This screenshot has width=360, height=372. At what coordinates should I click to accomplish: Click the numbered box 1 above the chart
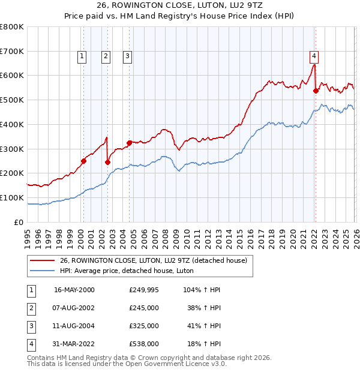pos(82,56)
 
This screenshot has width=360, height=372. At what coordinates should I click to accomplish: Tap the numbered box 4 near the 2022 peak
pos(314,56)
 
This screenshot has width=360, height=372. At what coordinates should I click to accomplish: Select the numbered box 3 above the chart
pos(128,56)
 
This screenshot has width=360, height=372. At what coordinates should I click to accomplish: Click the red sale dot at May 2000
pos(83,161)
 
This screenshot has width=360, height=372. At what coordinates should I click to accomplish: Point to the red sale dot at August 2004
pos(130,143)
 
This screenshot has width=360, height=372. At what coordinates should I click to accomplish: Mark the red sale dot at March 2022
pos(316,91)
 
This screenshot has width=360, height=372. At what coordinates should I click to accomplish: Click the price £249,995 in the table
pos(143,290)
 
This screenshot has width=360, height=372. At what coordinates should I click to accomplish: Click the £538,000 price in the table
pos(143,344)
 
